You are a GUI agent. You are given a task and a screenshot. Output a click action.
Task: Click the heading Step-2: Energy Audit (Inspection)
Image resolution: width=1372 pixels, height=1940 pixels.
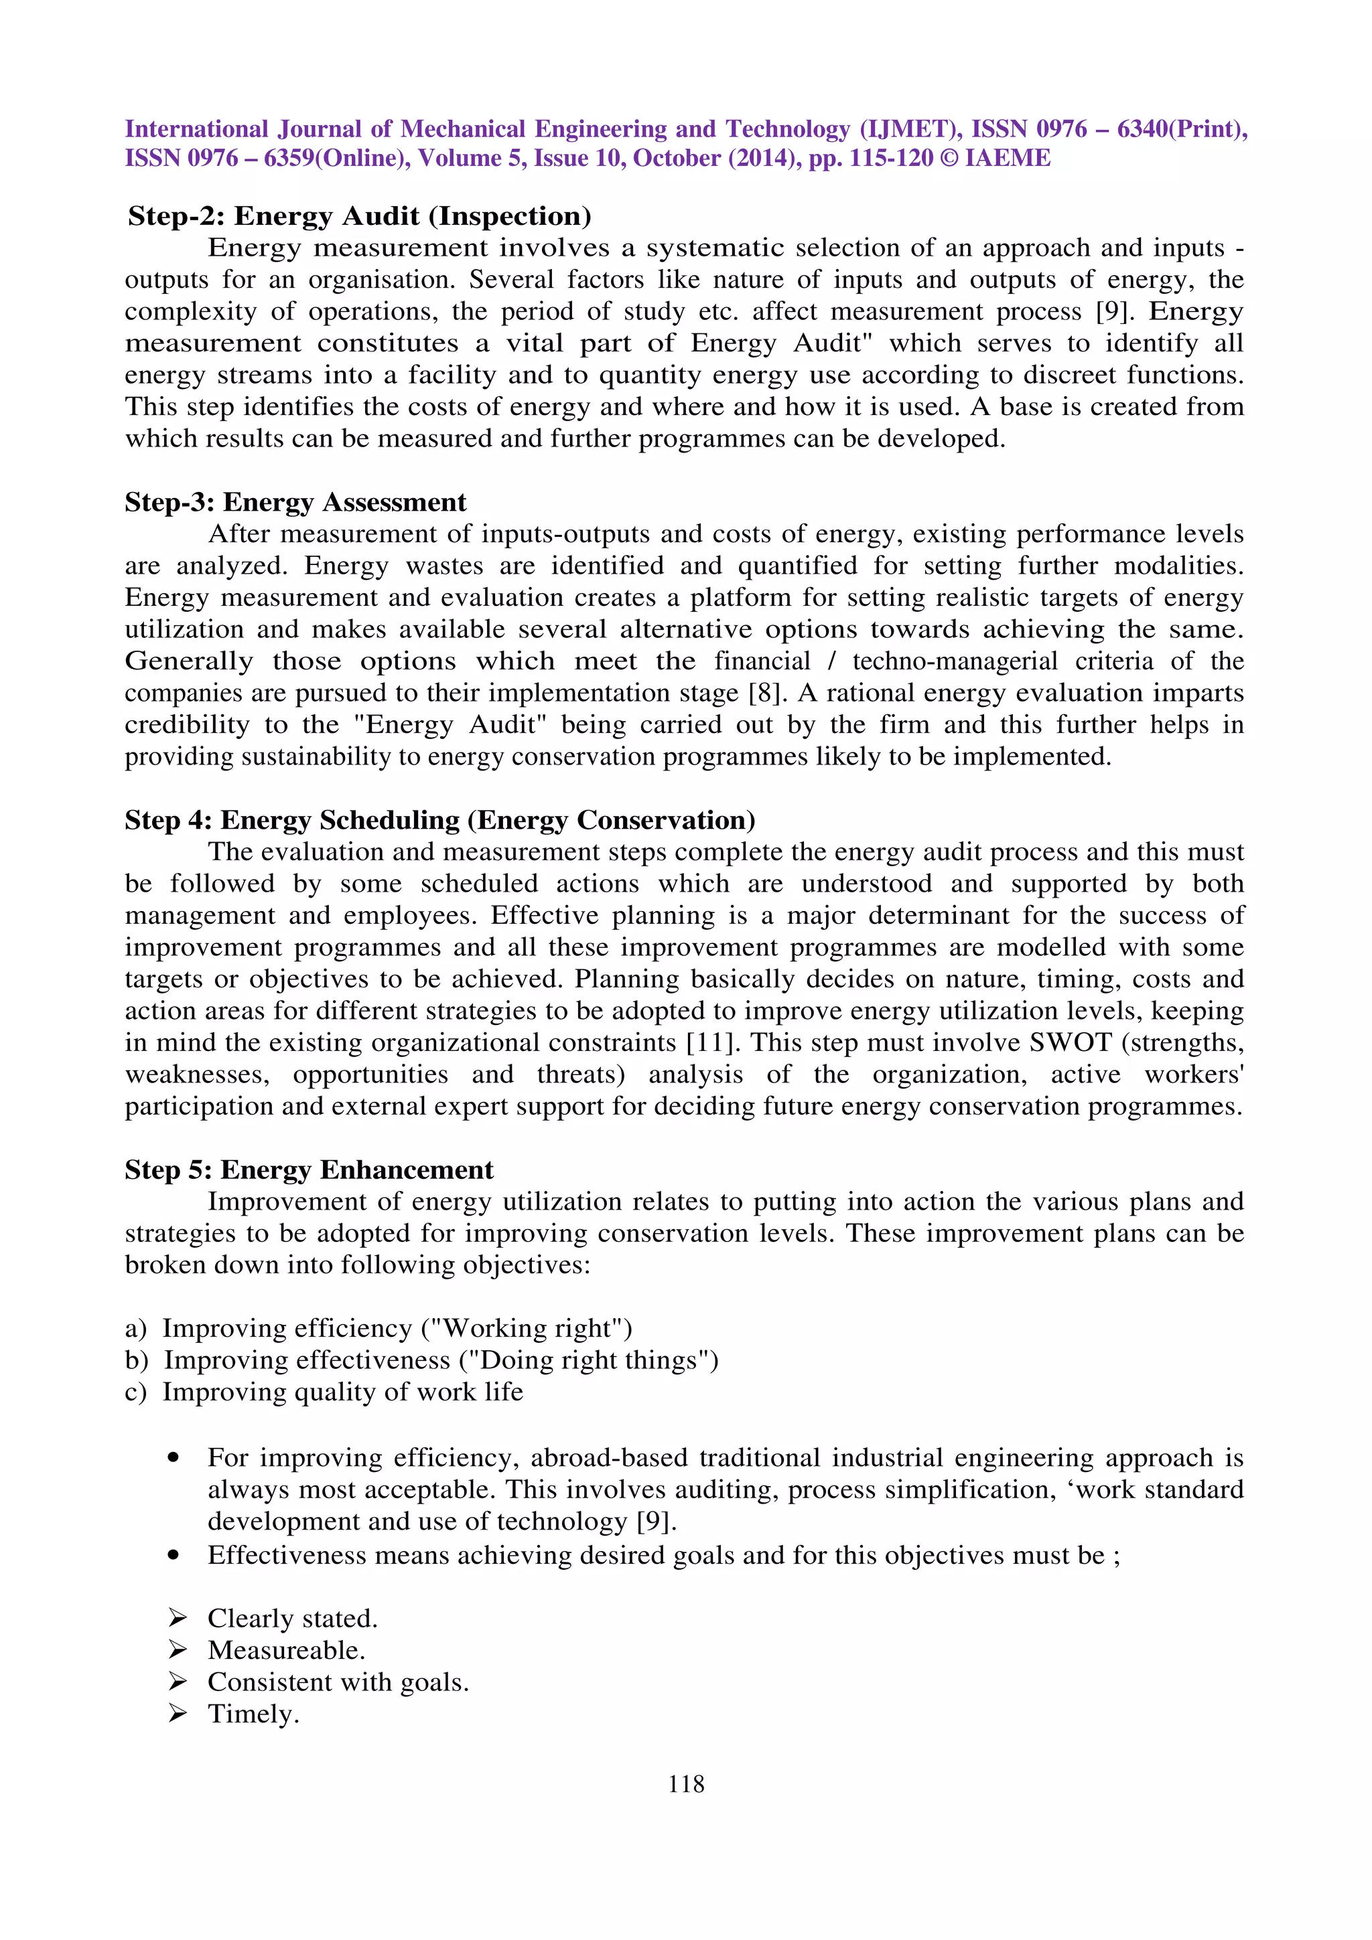pyautogui.click(x=359, y=216)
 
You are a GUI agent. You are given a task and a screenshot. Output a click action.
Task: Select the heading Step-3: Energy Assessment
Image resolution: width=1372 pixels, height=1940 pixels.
pyautogui.click(x=295, y=503)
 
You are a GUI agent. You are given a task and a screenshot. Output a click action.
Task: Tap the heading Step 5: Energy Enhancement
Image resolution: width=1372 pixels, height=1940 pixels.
pyautogui.click(x=309, y=1170)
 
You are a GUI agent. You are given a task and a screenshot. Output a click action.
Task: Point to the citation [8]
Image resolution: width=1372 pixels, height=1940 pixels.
pyautogui.click(x=768, y=693)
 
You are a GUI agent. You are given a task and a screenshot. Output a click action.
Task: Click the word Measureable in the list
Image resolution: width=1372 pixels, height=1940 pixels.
pyautogui.click(x=284, y=1650)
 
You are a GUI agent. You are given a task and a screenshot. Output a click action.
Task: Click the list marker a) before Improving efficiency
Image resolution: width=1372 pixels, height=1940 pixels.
pyautogui.click(x=135, y=1328)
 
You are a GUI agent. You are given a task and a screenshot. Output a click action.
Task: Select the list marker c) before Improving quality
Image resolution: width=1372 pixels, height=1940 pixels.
pyautogui.click(x=135, y=1392)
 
